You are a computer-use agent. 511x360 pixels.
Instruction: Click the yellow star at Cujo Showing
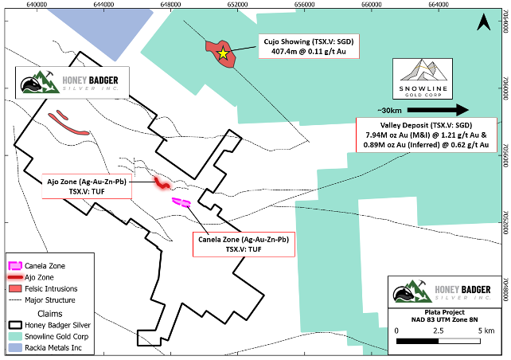224,53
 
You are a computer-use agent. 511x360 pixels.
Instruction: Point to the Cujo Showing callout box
308,46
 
